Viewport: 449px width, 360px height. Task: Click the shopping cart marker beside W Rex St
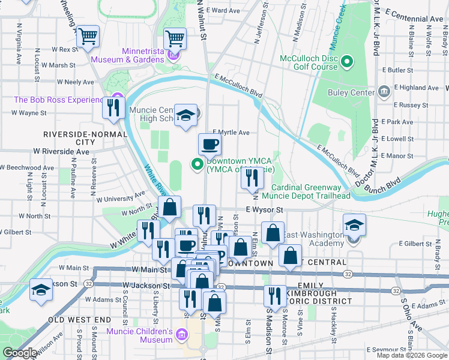pyautogui.click(x=88, y=37)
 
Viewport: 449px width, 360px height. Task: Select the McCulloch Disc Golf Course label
pyautogui.click(x=309, y=62)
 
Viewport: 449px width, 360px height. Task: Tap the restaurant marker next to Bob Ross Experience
pyautogui.click(x=112, y=108)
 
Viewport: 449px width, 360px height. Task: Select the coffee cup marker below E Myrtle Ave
pyautogui.click(x=209, y=144)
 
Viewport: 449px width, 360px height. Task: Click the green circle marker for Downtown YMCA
pyautogui.click(x=196, y=164)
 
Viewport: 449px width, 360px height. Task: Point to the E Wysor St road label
pyautogui.click(x=264, y=210)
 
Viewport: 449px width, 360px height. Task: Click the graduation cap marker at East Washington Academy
pyautogui.click(x=355, y=225)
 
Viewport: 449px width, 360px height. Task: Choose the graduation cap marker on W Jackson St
pyautogui.click(x=41, y=290)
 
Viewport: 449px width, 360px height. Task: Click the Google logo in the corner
pyautogui.click(x=20, y=353)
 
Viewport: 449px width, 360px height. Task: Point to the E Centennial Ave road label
pyautogui.click(x=414, y=19)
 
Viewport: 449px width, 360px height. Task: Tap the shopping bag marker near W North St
pyautogui.click(x=170, y=208)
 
